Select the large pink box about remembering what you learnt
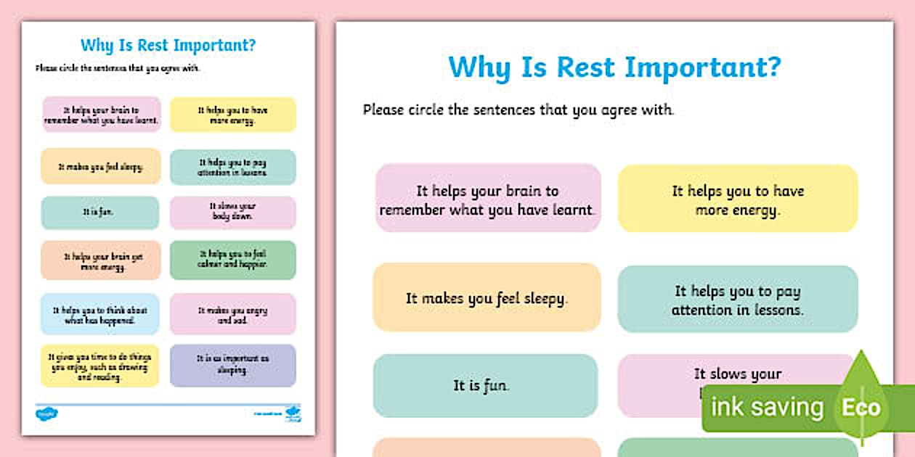coord(488,199)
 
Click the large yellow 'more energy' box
coord(737,199)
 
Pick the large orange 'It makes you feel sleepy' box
coord(487,298)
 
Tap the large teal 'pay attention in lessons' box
coord(737,300)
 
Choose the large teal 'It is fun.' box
coord(484,386)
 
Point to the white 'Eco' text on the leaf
coord(861,407)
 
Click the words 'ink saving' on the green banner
coord(767,408)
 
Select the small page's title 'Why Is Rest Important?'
coord(168,45)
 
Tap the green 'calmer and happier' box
coord(233,260)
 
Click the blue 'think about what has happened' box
coord(100,314)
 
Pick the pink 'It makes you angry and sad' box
coord(233,314)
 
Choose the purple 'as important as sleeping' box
coord(233,365)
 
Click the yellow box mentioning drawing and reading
coord(100,366)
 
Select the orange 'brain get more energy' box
coord(100,260)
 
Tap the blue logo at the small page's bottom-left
coord(46,413)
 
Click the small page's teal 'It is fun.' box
coord(100,213)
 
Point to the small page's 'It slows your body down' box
coord(233,212)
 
